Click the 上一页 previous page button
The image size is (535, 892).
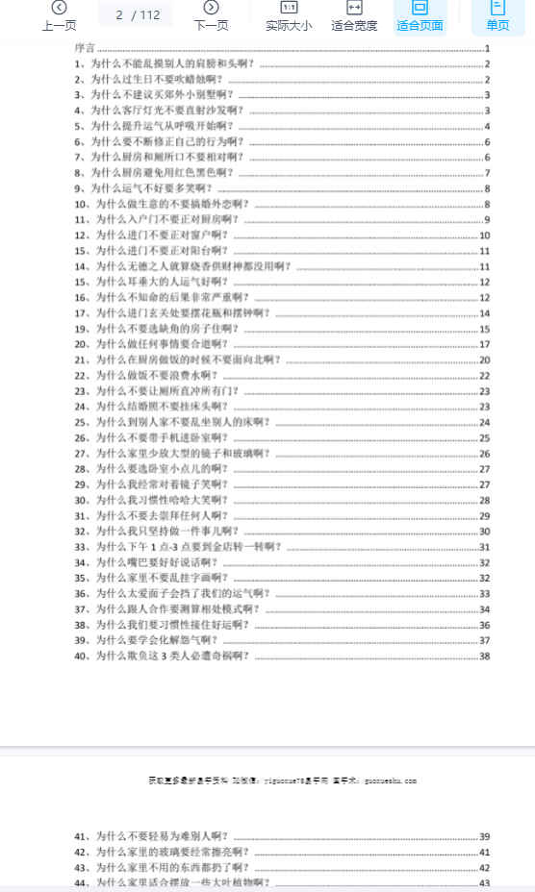[x=59, y=15]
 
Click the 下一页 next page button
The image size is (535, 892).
[x=211, y=15]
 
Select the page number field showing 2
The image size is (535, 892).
[x=119, y=15]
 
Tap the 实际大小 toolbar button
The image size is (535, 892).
[x=289, y=15]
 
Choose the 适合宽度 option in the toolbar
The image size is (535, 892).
[x=354, y=15]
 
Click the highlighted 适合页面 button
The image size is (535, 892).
[x=420, y=15]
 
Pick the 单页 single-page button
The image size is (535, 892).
[x=497, y=15]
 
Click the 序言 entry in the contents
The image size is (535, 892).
[x=85, y=48]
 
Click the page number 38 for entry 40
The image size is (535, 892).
[x=485, y=656]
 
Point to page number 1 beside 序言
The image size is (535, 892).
[x=488, y=48]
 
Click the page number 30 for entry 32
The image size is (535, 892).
[x=485, y=531]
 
